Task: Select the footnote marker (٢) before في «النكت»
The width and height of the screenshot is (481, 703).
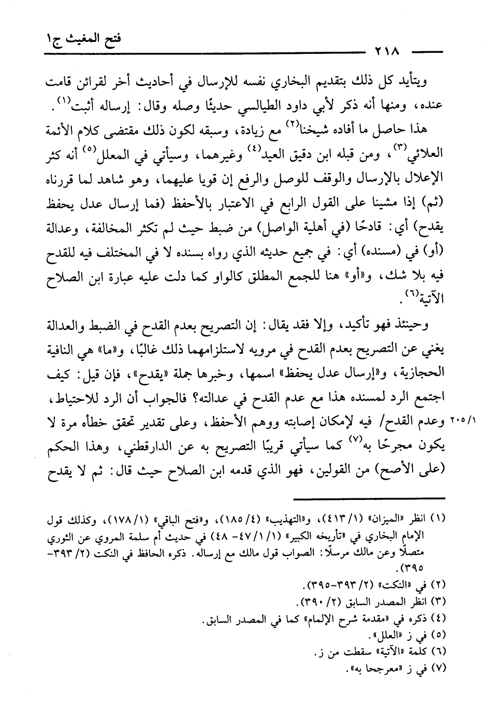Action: click(439, 585)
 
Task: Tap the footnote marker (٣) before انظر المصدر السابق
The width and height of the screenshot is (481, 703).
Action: click(439, 602)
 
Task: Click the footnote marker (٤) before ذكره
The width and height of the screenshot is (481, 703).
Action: click(439, 619)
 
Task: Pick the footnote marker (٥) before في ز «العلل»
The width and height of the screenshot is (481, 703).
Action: click(439, 635)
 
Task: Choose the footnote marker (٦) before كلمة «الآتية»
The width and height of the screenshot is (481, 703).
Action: click(439, 652)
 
